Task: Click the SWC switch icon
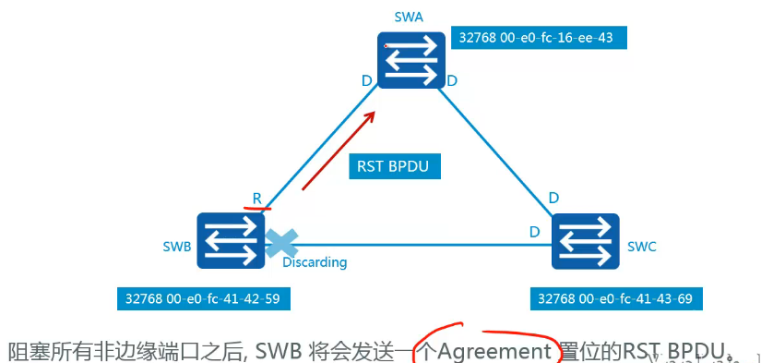[587, 240]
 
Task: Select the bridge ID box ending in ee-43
[541, 38]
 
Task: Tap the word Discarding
[315, 262]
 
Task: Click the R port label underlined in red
[257, 199]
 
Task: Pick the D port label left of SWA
[367, 81]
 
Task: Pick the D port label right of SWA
[452, 81]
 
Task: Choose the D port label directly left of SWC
[533, 231]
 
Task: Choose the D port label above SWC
[553, 198]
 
